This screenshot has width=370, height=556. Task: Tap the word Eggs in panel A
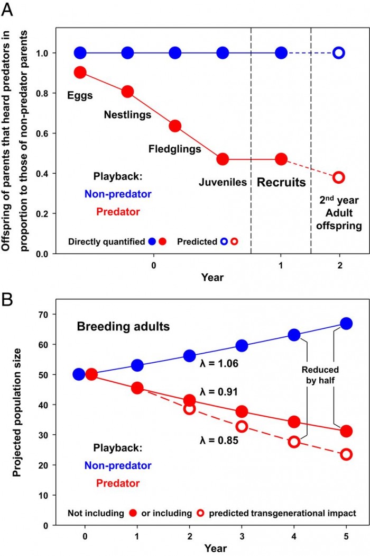pyautogui.click(x=80, y=96)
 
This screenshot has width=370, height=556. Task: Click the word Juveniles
pyautogui.click(x=223, y=183)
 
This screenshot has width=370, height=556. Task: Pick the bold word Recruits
pyautogui.click(x=281, y=183)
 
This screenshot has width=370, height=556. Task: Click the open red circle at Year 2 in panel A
pyautogui.click(x=339, y=177)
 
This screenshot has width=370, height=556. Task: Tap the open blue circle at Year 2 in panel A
pyautogui.click(x=339, y=53)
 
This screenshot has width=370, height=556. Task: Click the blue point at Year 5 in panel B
pyautogui.click(x=346, y=324)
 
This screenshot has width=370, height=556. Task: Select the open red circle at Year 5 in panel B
pyautogui.click(x=346, y=454)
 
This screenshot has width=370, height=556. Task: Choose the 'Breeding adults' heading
pyautogui.click(x=124, y=326)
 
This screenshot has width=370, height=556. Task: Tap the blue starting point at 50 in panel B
pyautogui.click(x=79, y=374)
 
